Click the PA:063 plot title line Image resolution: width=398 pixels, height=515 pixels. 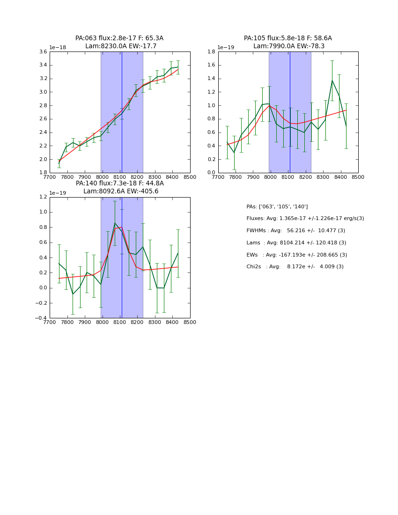pos(119,38)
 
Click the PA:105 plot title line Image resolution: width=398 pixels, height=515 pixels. pos(287,38)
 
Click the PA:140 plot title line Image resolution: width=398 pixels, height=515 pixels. pos(119,184)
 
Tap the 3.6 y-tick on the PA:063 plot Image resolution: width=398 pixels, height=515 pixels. pos(43,52)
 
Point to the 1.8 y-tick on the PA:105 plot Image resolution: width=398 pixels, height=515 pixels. pos(211,52)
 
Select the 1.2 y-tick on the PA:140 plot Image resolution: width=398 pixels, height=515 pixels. pos(43,197)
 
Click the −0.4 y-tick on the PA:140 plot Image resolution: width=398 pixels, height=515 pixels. pos(41,318)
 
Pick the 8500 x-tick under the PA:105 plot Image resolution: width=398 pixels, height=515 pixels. pos(358,177)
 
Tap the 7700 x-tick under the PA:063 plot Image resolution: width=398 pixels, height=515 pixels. pos(50,177)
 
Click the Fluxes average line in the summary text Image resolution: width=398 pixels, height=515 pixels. pos(305,219)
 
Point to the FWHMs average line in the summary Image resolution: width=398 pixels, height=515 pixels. pos(295,231)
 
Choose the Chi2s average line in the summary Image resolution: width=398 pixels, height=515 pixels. pos(295,267)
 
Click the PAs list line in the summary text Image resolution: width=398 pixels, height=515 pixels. pos(277,207)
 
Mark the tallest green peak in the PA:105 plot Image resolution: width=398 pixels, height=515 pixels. pos(332,81)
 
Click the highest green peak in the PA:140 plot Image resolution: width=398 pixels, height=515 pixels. pos(115,223)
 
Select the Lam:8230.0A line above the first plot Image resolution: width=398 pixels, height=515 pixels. pos(120,46)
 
